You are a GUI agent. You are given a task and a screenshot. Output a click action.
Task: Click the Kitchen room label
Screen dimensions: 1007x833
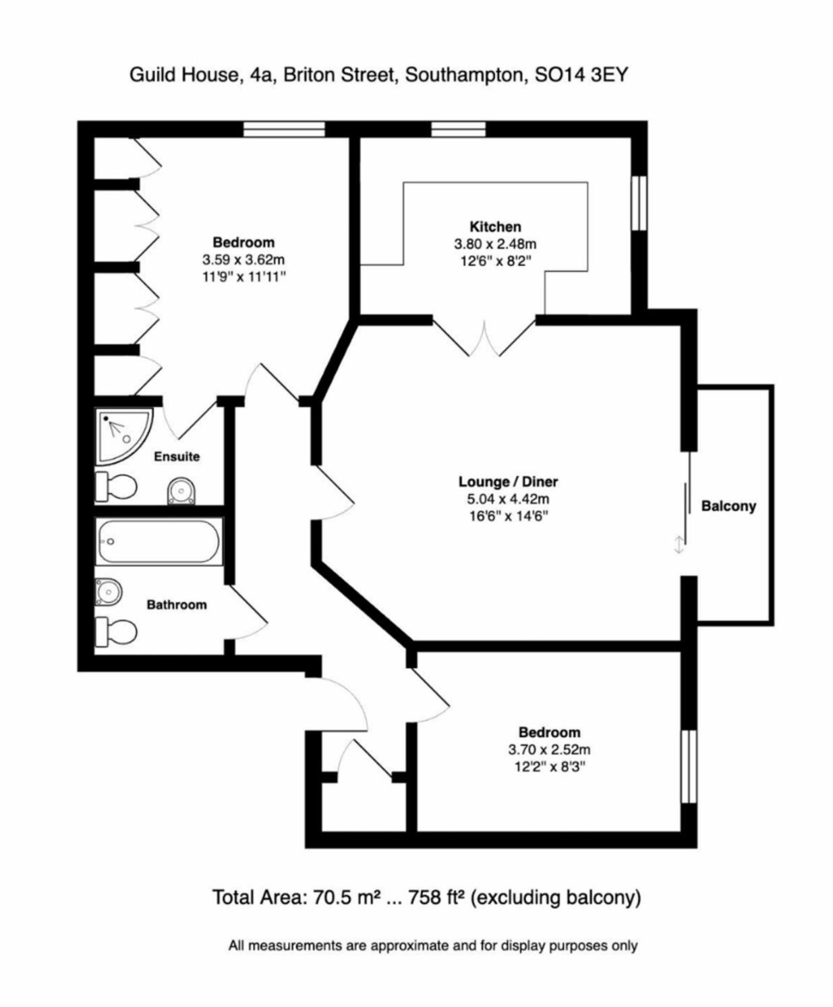tap(495, 227)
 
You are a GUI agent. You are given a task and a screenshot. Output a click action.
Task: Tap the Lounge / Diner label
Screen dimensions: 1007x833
tap(508, 482)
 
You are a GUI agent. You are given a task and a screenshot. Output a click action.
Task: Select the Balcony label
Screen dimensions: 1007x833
tap(728, 506)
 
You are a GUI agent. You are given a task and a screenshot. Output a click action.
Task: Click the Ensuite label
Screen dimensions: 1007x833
tap(177, 457)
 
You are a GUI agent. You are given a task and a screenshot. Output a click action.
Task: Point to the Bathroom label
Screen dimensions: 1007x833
tap(177, 605)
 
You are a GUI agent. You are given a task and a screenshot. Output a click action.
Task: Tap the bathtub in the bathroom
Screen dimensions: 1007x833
tap(159, 541)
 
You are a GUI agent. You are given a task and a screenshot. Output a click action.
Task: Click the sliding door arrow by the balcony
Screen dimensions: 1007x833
tap(679, 544)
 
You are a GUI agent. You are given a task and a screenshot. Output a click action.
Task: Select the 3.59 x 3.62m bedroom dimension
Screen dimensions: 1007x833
tap(243, 259)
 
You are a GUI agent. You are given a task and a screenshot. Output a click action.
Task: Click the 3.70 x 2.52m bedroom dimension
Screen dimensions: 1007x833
tap(549, 749)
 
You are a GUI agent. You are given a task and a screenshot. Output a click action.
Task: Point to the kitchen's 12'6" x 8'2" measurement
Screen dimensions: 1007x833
tap(495, 261)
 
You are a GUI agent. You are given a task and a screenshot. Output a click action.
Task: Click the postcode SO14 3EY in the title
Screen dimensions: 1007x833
tap(581, 74)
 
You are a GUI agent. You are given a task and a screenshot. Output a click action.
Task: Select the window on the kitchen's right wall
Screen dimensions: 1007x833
tap(638, 203)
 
